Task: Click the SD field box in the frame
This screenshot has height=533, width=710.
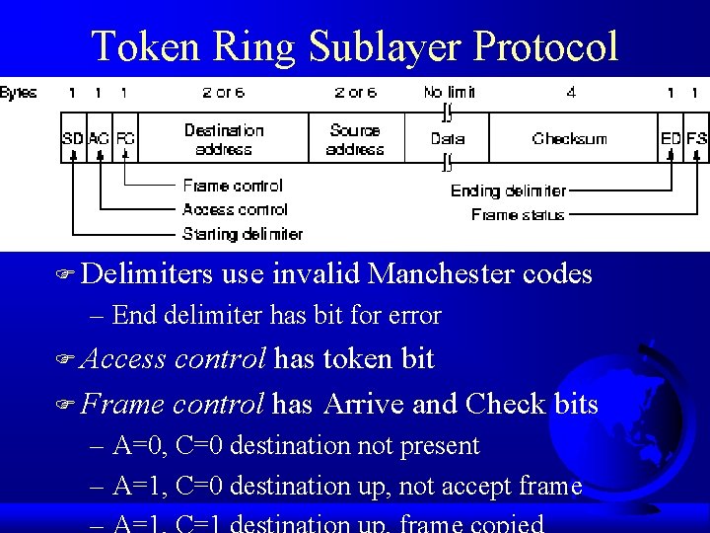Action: click(x=73, y=139)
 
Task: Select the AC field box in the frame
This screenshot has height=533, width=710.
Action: click(x=99, y=139)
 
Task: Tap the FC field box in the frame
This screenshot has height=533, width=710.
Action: click(x=125, y=139)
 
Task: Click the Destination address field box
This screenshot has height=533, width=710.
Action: click(x=224, y=139)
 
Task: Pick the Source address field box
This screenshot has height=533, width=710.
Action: click(x=355, y=139)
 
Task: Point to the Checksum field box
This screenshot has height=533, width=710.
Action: click(x=570, y=139)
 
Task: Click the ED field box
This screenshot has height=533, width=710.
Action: click(x=671, y=139)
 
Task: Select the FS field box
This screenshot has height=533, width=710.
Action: click(x=696, y=139)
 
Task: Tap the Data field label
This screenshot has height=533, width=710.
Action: click(x=447, y=139)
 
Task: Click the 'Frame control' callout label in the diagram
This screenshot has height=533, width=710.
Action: click(x=233, y=186)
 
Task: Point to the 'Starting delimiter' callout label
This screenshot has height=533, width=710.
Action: click(x=242, y=235)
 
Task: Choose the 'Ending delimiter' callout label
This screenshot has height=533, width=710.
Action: click(x=509, y=190)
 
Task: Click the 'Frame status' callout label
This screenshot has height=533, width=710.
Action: click(x=518, y=215)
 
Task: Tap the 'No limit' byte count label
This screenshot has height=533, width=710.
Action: click(x=449, y=93)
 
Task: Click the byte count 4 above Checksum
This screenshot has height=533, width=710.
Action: click(x=571, y=93)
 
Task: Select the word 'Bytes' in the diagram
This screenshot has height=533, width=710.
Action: click(x=19, y=93)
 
